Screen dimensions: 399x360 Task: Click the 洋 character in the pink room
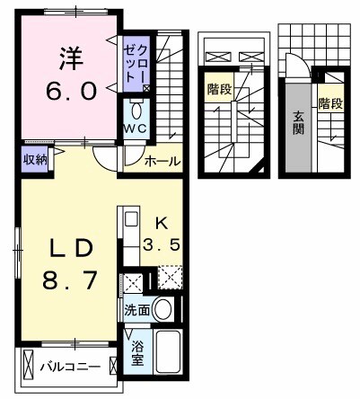click(x=71, y=60)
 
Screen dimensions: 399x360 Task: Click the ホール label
click(x=162, y=163)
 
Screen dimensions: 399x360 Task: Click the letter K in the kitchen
click(x=162, y=223)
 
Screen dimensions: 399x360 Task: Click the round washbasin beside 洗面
click(x=162, y=311)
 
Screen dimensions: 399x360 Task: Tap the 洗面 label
click(x=136, y=311)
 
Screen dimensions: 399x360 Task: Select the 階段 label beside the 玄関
click(x=329, y=104)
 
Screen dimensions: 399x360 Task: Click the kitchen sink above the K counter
click(x=130, y=218)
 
